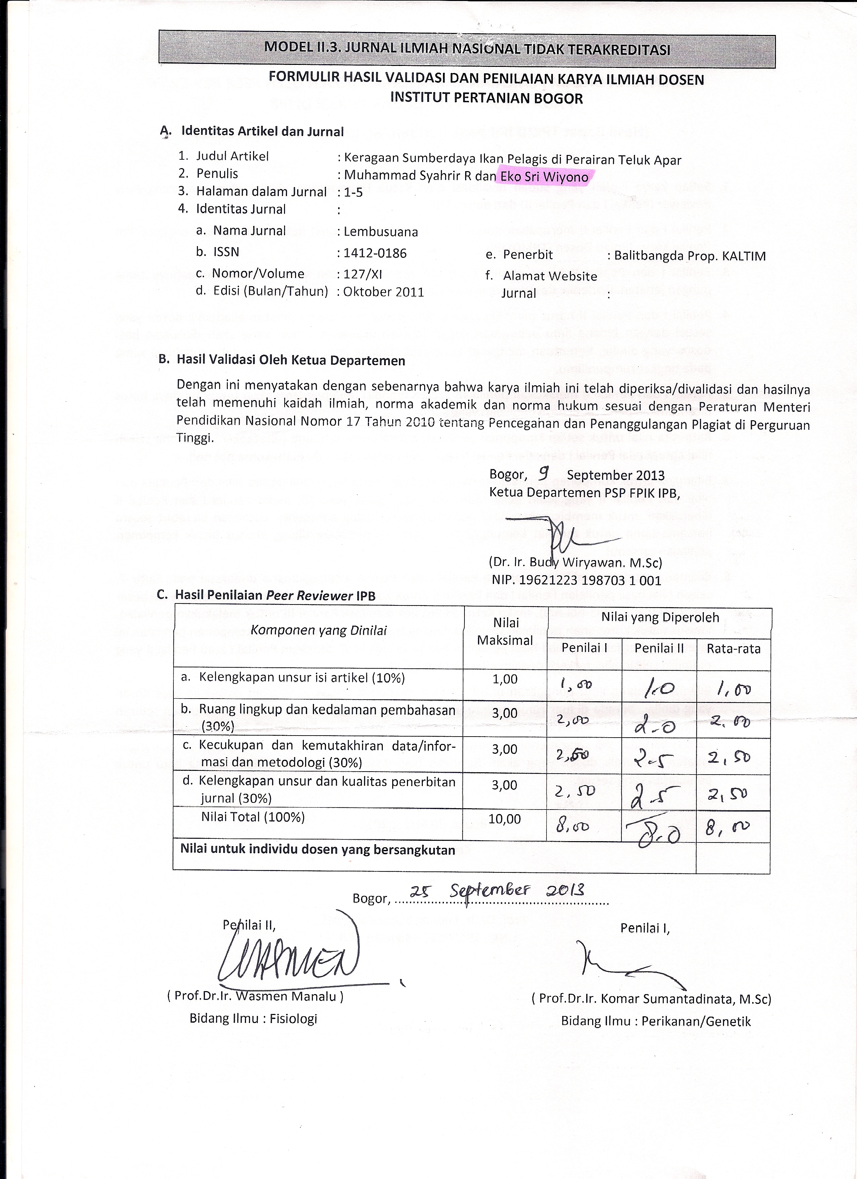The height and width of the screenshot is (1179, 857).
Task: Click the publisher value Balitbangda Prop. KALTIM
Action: (x=690, y=256)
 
